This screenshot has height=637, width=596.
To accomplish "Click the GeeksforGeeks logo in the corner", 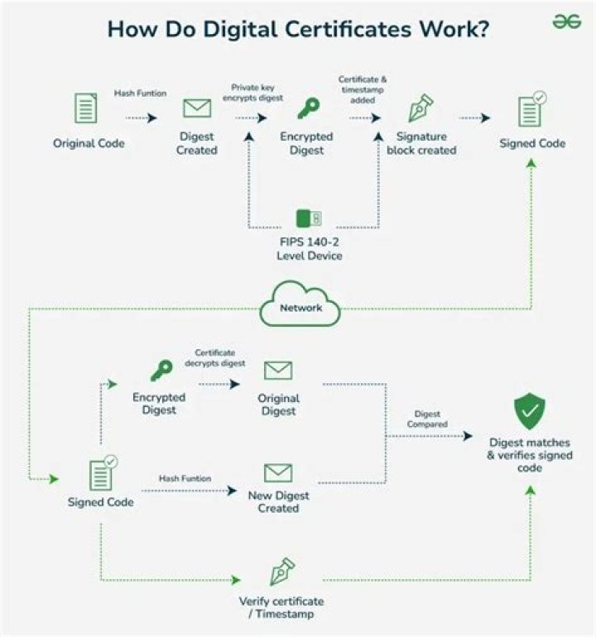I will coord(567,22).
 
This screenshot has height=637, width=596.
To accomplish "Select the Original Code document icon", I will coord(85,109).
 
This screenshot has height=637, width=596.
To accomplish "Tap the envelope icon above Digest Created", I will coord(196,108).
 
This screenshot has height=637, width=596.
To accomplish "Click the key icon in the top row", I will coord(309,108).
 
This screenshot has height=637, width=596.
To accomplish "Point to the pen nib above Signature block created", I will coord(421,108).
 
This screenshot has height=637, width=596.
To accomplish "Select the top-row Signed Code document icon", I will coord(531,109).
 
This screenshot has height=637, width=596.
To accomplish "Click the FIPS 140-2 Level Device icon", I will coord(309,218).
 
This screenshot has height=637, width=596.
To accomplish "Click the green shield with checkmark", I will coord(530,410).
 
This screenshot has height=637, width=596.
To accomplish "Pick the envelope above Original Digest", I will coord(278,370).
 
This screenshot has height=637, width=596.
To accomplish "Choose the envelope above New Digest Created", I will coord(278,472).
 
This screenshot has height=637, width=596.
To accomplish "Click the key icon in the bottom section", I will coord(160,370).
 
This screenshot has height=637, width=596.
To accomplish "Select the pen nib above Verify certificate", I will coord(282,572).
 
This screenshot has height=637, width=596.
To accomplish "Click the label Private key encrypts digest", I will coord(257,92).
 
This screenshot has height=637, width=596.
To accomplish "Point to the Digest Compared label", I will coord(427,419).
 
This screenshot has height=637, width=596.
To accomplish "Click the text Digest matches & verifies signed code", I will coord(530,455).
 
